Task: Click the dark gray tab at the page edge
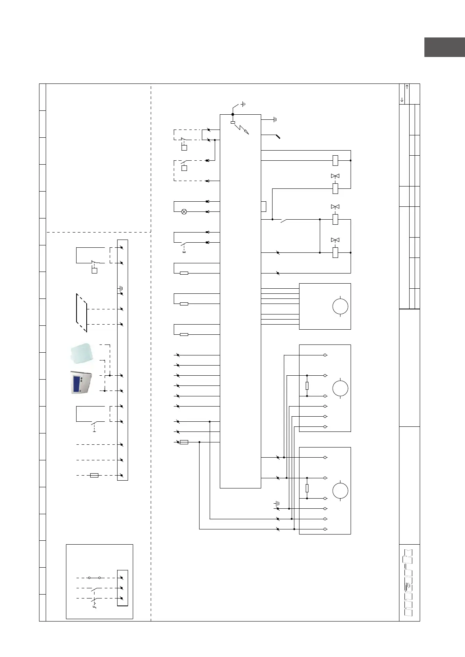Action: click(x=444, y=47)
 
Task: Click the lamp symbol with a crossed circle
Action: click(x=184, y=212)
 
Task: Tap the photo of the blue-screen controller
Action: click(x=81, y=382)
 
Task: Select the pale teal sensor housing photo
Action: click(x=82, y=353)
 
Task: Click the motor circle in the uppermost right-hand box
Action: click(x=340, y=306)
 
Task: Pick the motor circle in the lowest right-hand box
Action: click(x=340, y=491)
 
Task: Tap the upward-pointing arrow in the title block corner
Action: click(x=407, y=87)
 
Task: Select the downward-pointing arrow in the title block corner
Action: click(x=402, y=100)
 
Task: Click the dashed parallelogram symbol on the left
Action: click(x=82, y=313)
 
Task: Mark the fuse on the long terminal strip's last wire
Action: click(x=94, y=475)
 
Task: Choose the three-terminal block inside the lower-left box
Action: click(x=122, y=588)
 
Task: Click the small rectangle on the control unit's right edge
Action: click(x=264, y=206)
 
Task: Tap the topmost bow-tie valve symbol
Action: click(x=335, y=176)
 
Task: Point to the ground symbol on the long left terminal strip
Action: click(x=121, y=289)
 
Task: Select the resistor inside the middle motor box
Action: click(x=307, y=386)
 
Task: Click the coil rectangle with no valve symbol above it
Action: click(x=335, y=160)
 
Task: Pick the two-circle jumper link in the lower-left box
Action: click(x=94, y=578)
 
